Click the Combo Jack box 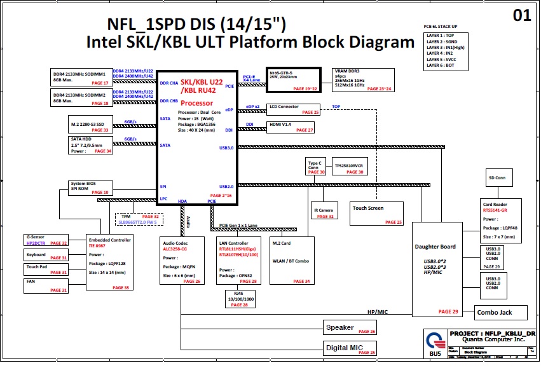tap(502, 312)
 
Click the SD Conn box tap(499, 177)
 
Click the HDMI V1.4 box tap(290, 126)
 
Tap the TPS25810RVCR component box tap(348, 167)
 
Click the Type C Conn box tap(316, 167)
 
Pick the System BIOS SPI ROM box tap(90, 188)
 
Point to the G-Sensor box tap(46, 240)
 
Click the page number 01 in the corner tap(521, 16)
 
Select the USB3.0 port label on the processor tap(226, 147)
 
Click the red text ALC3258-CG tap(175, 250)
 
